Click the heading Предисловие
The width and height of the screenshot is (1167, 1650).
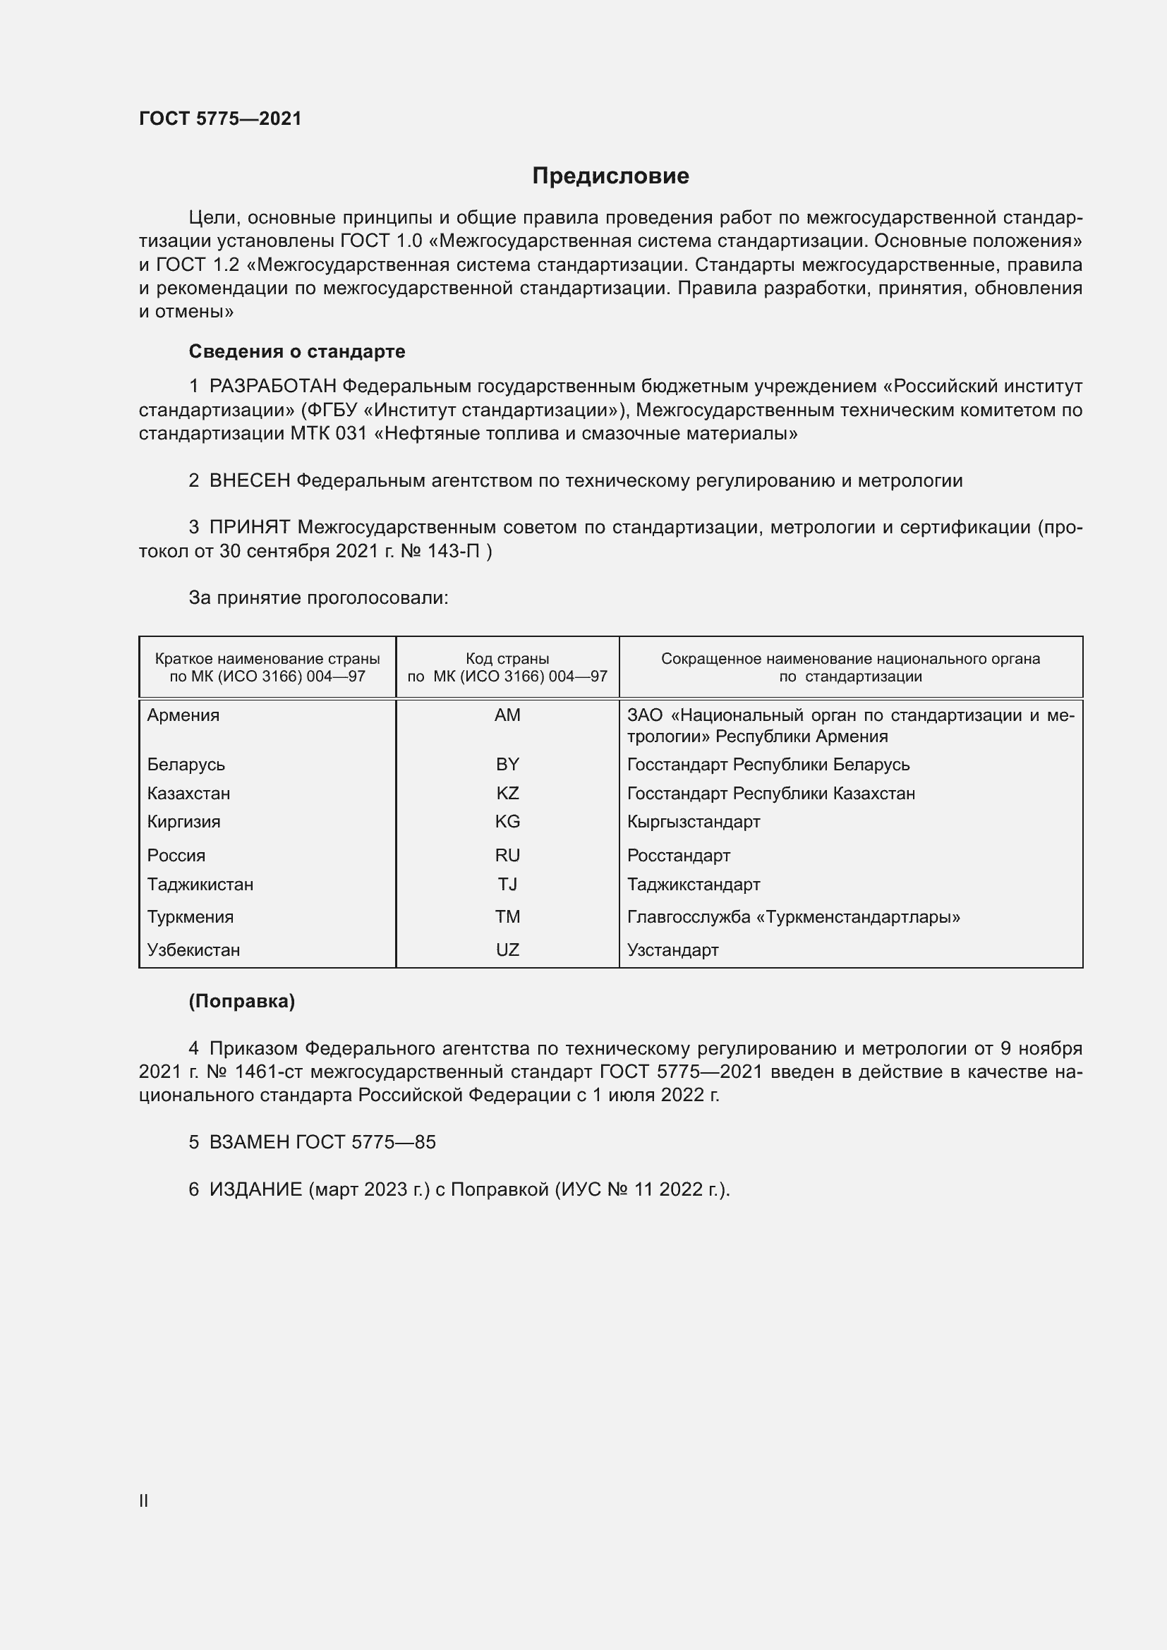coord(610,176)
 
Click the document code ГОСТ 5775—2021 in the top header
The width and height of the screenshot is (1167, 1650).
coord(220,119)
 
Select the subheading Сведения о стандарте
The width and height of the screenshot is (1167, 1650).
coord(297,351)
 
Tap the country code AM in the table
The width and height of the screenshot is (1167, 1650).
coord(507,715)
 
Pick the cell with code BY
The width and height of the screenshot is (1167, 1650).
coord(507,765)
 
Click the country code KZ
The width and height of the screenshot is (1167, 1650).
coord(507,794)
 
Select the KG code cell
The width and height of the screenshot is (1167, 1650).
coord(507,821)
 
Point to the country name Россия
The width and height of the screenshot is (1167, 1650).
coord(176,855)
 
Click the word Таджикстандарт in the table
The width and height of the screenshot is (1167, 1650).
coord(694,884)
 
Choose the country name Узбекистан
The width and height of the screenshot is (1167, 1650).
coord(193,950)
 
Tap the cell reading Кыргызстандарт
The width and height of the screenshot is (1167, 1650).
coord(694,821)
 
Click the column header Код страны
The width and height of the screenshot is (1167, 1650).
coord(507,658)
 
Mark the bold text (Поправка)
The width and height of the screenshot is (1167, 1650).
coord(241,1001)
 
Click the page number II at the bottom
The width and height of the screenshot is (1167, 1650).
coord(144,1500)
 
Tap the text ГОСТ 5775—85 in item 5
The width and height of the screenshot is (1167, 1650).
coord(365,1142)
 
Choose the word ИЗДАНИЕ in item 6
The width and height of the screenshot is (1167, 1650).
coord(255,1189)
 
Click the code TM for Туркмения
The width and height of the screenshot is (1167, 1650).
coord(507,917)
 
